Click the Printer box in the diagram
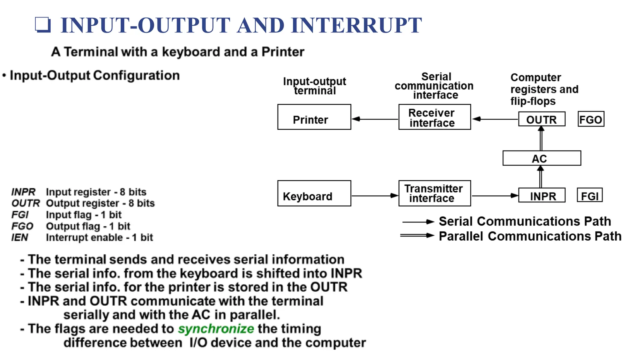click(314, 117)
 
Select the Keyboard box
click(314, 193)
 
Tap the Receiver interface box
click(434, 117)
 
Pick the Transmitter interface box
click(434, 193)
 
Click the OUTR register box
click(542, 119)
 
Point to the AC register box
click(542, 158)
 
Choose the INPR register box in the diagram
click(542, 195)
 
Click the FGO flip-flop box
click(591, 119)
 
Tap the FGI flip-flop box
click(589, 195)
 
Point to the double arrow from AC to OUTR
click(541, 139)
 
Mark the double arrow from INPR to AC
click(541, 177)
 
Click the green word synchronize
click(216, 329)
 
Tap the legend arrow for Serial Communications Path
click(418, 222)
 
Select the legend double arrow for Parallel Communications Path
click(417, 235)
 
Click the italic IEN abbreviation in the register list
click(20, 237)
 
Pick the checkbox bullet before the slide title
click(43, 25)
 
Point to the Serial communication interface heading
click(434, 86)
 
